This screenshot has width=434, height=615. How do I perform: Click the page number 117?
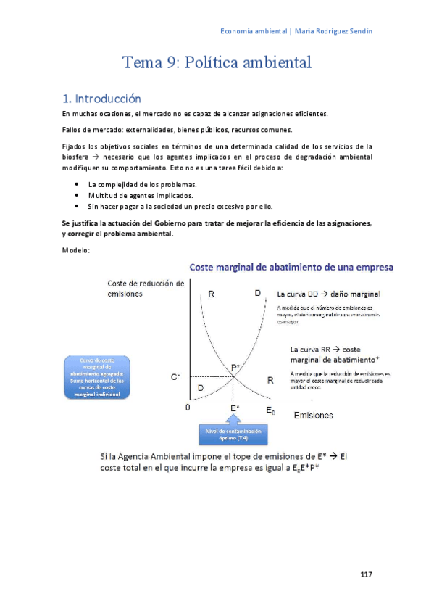tap(366, 575)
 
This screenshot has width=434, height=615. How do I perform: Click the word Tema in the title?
tap(138, 62)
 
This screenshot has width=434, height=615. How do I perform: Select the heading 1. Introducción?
tap(101, 99)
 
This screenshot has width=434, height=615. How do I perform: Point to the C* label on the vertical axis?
tap(175, 377)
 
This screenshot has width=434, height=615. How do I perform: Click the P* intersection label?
tap(235, 368)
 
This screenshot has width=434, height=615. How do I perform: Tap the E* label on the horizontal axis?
tap(235, 408)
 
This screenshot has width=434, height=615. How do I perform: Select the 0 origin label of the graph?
tap(187, 408)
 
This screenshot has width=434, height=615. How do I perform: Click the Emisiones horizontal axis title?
tap(313, 416)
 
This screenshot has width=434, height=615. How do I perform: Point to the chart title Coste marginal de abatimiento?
tap(291, 268)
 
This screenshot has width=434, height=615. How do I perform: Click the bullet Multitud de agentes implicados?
tap(130, 195)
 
